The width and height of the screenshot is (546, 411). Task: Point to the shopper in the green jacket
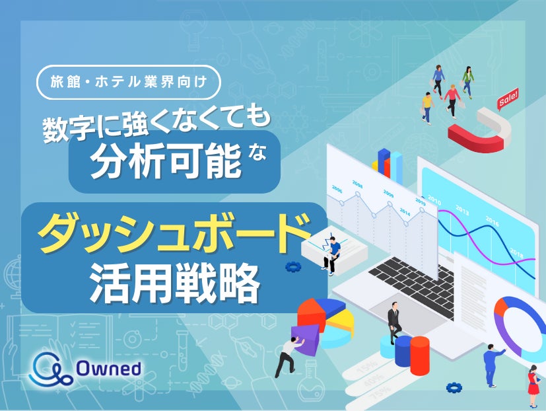click(x=468, y=81)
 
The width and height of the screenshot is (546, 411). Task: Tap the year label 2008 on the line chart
click(x=357, y=185)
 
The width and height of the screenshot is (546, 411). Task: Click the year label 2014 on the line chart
click(x=404, y=213)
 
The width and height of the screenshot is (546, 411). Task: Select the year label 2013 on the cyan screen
click(x=461, y=211)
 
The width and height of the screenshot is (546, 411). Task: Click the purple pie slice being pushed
click(x=304, y=340)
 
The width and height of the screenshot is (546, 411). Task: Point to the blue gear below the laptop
click(x=453, y=388)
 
